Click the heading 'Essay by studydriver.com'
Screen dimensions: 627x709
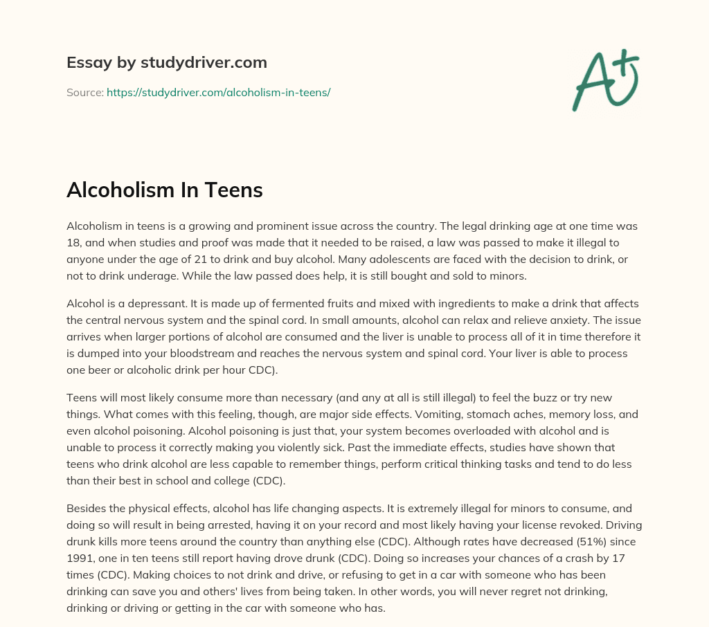(x=166, y=63)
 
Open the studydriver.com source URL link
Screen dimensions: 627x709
(x=218, y=92)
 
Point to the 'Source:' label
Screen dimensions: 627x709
(x=84, y=92)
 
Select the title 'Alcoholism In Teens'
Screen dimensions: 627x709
(x=164, y=190)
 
